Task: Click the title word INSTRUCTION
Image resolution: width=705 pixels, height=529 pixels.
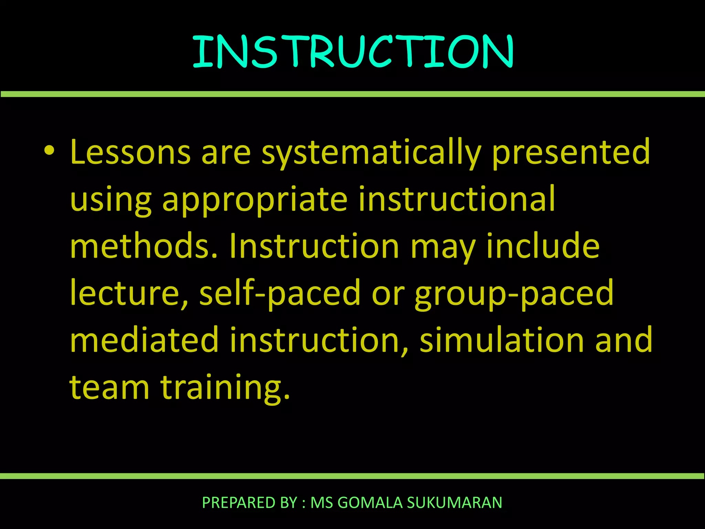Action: click(352, 52)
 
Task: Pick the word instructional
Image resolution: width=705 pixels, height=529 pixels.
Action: click(456, 199)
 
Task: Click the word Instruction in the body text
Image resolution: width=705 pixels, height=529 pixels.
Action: click(314, 246)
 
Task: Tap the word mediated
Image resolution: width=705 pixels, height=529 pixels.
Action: click(144, 340)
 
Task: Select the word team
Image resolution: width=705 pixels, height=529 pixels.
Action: click(109, 387)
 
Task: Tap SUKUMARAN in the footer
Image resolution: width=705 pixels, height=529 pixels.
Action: click(454, 502)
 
